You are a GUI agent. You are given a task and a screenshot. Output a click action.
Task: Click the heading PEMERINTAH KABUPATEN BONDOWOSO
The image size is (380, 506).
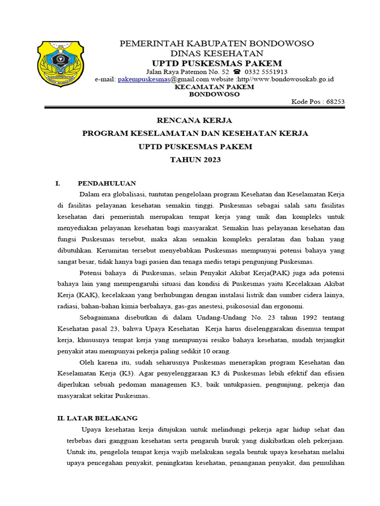pyautogui.click(x=217, y=43)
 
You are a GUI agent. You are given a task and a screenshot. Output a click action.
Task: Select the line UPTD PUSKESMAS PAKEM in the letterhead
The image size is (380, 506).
pyautogui.click(x=217, y=63)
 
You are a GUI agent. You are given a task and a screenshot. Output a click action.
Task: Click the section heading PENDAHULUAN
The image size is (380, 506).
pyautogui.click(x=107, y=183)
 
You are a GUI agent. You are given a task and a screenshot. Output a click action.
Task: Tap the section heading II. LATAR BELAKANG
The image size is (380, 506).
pyautogui.click(x=97, y=418)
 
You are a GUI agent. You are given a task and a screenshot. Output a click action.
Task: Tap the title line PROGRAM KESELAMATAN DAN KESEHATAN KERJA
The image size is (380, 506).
pyautogui.click(x=195, y=134)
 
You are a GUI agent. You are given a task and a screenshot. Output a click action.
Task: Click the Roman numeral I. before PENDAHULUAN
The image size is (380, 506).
pyautogui.click(x=57, y=183)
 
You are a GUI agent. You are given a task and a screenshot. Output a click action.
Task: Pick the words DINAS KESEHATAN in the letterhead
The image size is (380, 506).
pyautogui.click(x=217, y=53)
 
